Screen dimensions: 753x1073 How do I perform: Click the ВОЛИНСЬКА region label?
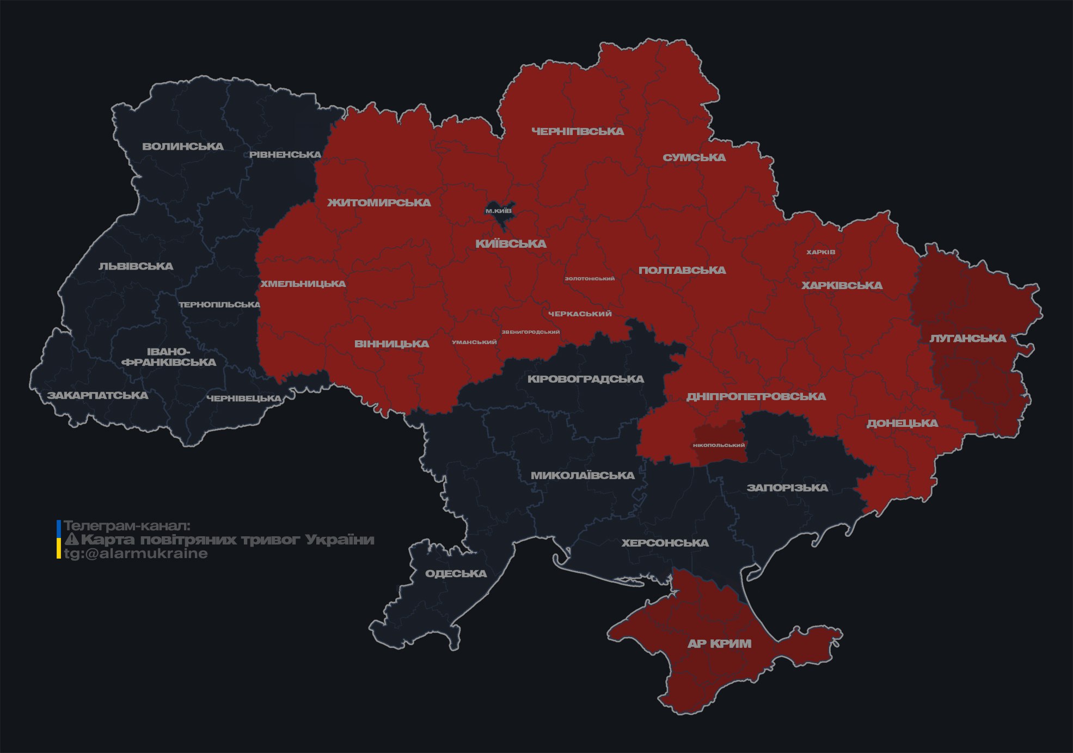tap(183, 146)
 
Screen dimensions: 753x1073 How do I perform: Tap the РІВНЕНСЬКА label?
tap(285, 155)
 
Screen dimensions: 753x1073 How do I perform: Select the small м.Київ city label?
tap(498, 211)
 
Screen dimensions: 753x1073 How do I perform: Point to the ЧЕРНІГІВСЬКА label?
tap(577, 131)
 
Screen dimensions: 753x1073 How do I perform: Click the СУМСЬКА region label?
tap(694, 158)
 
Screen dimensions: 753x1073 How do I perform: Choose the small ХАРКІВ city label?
tap(820, 252)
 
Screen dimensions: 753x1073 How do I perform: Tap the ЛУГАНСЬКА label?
tap(967, 339)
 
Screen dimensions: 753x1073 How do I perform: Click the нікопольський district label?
tap(719, 445)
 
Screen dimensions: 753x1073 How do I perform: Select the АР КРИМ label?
tap(719, 644)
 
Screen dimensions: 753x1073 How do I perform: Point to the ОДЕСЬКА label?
tap(456, 574)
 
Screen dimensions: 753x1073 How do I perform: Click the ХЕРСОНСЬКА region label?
tap(665, 543)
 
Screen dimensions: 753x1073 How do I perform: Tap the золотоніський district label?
tap(590, 279)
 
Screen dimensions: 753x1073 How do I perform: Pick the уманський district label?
tap(474, 342)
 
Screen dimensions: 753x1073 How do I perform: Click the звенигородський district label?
tap(530, 332)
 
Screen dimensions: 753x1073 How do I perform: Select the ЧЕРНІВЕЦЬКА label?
tap(244, 399)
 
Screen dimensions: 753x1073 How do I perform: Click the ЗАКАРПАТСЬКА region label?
tap(98, 395)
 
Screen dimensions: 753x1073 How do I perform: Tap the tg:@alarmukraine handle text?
tap(136, 554)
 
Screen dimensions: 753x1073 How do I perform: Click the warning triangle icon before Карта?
tap(71, 540)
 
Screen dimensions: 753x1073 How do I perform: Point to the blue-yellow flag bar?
tap(58, 540)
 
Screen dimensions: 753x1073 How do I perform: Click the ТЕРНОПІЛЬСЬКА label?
tap(220, 305)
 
